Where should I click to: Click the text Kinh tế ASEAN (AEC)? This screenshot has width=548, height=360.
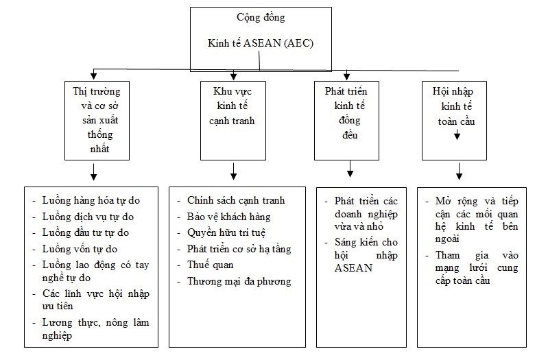click(x=261, y=43)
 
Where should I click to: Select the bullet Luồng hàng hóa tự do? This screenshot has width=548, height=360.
click(x=91, y=200)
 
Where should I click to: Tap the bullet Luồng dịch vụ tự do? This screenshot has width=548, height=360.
click(x=88, y=217)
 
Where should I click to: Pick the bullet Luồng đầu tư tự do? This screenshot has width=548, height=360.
click(x=85, y=232)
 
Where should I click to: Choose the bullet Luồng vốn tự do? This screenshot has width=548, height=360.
click(x=80, y=249)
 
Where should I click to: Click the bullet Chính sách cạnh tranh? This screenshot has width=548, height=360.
click(x=236, y=200)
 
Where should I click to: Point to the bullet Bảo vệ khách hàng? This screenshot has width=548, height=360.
click(x=229, y=217)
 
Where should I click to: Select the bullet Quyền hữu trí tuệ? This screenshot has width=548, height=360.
click(x=226, y=232)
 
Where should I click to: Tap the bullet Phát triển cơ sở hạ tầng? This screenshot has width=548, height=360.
click(x=239, y=249)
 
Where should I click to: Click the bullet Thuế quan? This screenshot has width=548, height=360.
click(x=211, y=265)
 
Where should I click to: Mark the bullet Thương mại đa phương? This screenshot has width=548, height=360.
click(x=239, y=281)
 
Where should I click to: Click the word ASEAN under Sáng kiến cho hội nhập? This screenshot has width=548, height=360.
click(x=353, y=268)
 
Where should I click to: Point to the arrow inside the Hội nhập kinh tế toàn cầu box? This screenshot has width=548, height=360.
click(x=457, y=134)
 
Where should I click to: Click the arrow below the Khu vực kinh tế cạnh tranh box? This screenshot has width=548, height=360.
click(x=233, y=171)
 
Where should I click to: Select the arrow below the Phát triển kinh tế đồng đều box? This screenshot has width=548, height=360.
click(x=350, y=169)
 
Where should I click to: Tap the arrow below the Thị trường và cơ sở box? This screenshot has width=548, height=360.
click(x=93, y=171)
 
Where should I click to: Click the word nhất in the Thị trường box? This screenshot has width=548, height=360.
click(x=99, y=149)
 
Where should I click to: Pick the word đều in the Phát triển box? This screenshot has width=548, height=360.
click(x=350, y=134)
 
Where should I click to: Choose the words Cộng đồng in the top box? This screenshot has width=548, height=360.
click(x=261, y=17)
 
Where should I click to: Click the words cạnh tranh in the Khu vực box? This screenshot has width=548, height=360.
click(x=232, y=121)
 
